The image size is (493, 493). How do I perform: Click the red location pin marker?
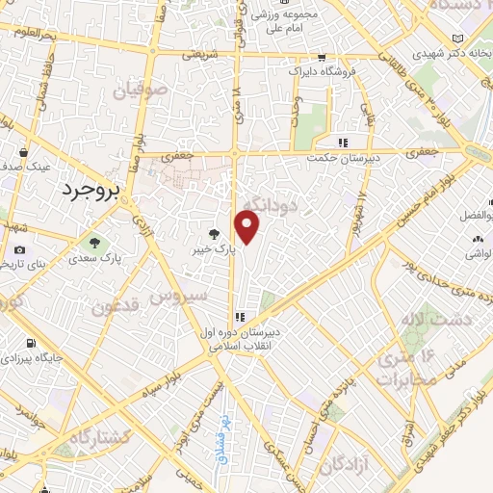pos(247,228)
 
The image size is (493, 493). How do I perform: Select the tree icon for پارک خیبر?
pos(215,233)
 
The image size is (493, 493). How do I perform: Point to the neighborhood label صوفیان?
pos(142,92)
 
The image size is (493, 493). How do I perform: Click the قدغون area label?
pos(118,308)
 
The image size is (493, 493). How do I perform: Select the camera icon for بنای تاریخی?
pos(19,250)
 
